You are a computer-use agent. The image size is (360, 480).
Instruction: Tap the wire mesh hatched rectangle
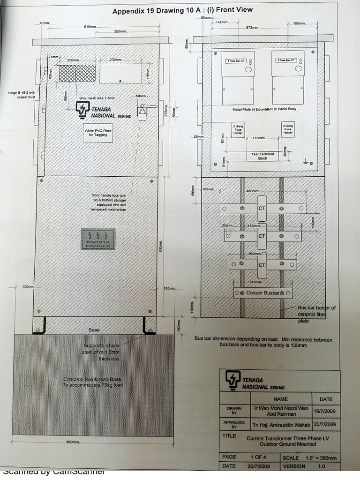tap(77, 73)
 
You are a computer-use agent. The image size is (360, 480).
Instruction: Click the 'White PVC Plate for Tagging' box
tap(95, 132)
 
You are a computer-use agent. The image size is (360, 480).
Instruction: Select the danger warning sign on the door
tap(98, 239)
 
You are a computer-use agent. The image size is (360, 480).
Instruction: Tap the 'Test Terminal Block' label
tap(262, 156)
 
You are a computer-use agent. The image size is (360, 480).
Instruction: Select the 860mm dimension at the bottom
tap(73, 442)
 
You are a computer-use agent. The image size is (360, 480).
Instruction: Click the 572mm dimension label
tap(253, 27)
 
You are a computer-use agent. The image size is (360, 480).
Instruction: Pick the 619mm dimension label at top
tap(90, 27)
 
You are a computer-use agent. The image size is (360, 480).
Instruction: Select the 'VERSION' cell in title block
tap(294, 466)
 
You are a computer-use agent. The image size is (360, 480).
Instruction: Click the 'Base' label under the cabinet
tap(94, 330)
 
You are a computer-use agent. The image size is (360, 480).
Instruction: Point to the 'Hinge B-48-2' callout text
tap(22, 95)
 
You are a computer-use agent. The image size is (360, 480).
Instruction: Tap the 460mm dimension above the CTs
tap(253, 191)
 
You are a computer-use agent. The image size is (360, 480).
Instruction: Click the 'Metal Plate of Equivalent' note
tap(264, 109)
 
